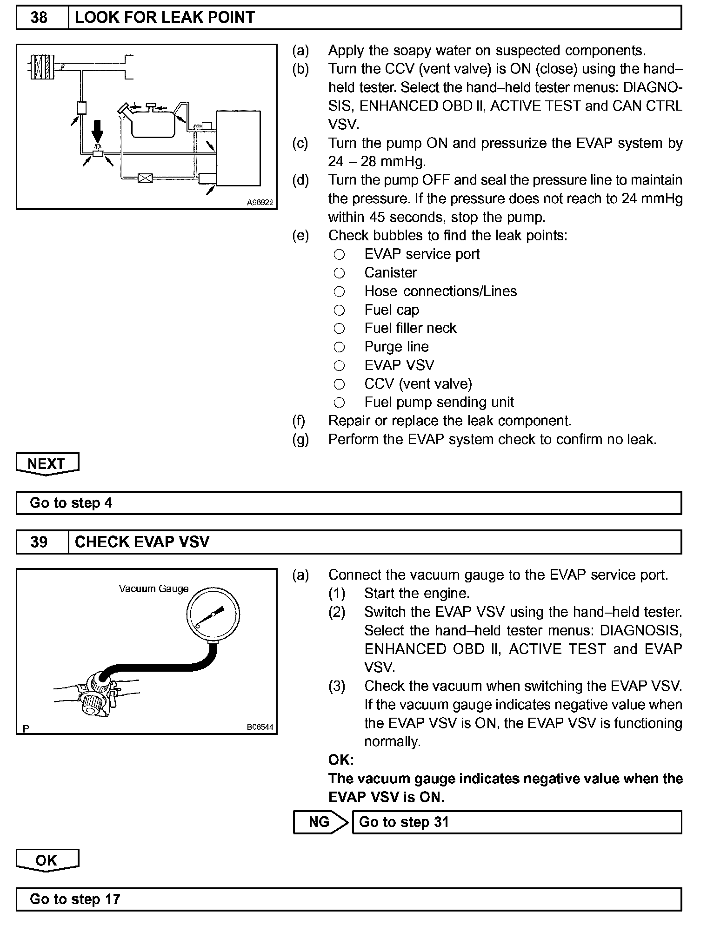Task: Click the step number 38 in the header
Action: (x=39, y=18)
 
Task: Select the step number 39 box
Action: (x=39, y=542)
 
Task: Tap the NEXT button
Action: (x=47, y=463)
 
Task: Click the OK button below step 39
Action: (x=47, y=860)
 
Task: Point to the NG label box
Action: (x=319, y=822)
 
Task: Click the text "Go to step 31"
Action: (x=404, y=822)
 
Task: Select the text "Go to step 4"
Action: (x=71, y=503)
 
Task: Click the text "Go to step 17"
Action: (x=75, y=899)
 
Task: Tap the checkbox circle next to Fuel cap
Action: (x=340, y=310)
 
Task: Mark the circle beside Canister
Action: (x=340, y=273)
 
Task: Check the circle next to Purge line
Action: (x=340, y=347)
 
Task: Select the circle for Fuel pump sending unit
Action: (x=340, y=403)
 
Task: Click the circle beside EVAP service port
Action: (x=340, y=254)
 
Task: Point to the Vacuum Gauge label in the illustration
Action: (x=153, y=588)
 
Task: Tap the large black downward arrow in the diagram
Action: (x=97, y=131)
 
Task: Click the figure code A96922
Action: (x=260, y=203)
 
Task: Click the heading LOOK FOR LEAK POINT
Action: (x=165, y=18)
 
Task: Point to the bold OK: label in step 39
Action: (x=341, y=760)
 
